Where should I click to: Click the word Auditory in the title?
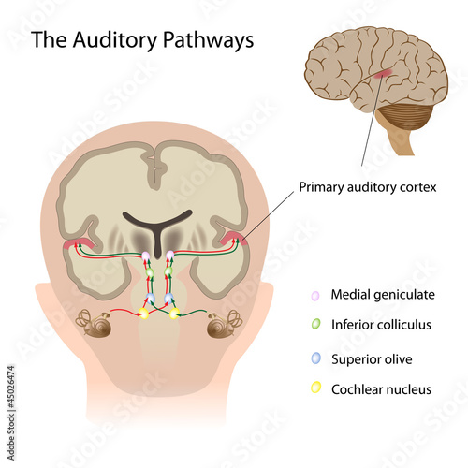click(115, 40)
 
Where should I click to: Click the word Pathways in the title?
click(209, 40)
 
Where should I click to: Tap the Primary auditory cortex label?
click(368, 187)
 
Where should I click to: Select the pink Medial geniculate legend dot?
click(315, 296)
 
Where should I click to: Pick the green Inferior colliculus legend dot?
click(315, 324)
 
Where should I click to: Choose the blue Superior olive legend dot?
click(315, 358)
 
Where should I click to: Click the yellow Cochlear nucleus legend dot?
click(315, 388)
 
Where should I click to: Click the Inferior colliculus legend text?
click(381, 325)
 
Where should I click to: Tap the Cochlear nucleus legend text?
click(381, 389)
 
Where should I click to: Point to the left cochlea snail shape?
click(94, 323)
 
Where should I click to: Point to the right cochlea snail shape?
click(225, 324)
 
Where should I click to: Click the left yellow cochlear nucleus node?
click(144, 314)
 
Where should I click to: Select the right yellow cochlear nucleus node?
click(174, 314)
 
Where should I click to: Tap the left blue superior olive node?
click(151, 298)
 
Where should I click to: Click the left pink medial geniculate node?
click(146, 256)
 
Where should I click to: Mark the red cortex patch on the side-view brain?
click(383, 74)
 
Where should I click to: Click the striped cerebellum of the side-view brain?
click(405, 117)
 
